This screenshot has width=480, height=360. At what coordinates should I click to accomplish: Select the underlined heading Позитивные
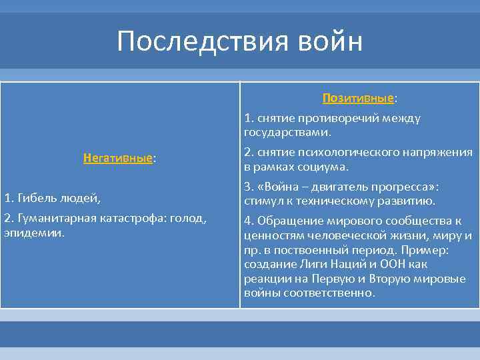[357, 98]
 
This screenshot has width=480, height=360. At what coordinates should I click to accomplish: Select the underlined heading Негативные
[117, 159]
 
